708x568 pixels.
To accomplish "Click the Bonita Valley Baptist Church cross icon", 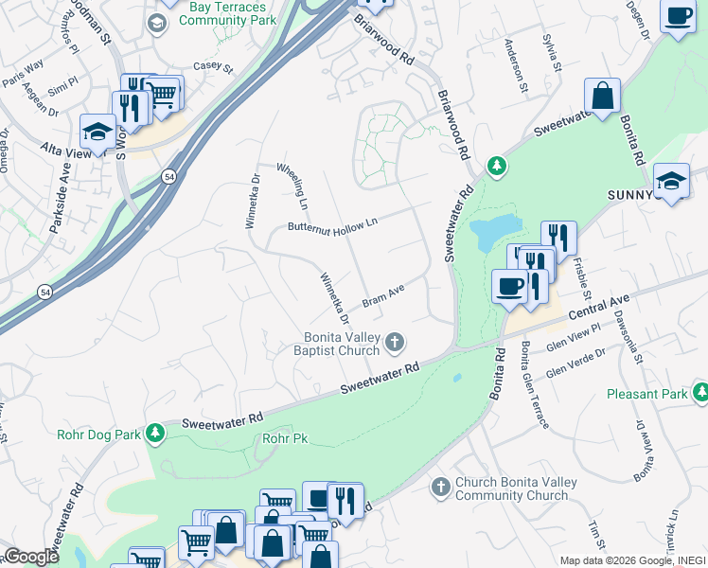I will point(396,341).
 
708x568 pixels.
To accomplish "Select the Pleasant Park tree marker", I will point(700,391).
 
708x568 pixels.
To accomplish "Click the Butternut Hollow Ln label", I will point(332,224).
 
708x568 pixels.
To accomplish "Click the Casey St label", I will point(212,67).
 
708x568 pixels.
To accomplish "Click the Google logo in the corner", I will point(31,557).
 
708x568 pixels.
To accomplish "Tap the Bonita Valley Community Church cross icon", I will point(440,487).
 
